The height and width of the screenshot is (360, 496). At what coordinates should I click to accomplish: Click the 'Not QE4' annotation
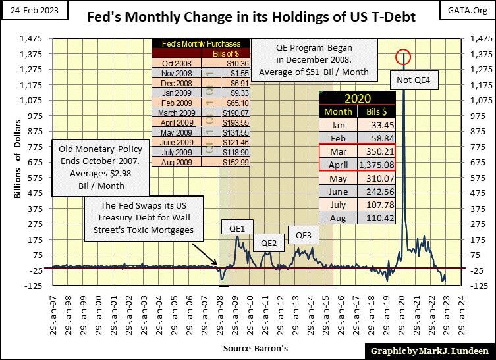pyautogui.click(x=414, y=81)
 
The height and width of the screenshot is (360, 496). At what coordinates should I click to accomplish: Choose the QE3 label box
pyautogui.click(x=303, y=235)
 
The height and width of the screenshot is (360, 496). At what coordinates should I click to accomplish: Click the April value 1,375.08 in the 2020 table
pyautogui.click(x=375, y=164)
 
